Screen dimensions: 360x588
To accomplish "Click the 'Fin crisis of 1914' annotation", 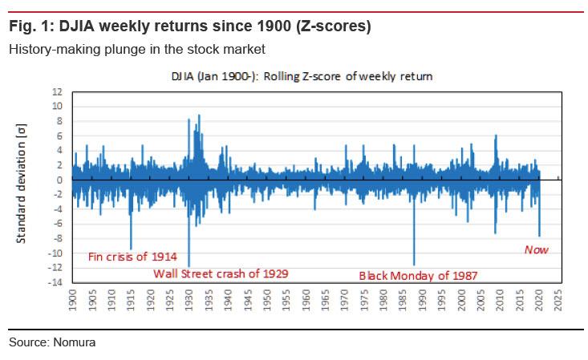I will pos(130,257).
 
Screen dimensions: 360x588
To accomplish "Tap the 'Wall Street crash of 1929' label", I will pos(221,273).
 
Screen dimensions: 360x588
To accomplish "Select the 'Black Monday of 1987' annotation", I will pos(418,275).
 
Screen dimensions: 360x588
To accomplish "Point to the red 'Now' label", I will pos(536,250).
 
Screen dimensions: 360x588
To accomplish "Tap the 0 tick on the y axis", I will pos(59,180).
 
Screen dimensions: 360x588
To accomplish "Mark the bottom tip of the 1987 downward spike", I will pos(414,265).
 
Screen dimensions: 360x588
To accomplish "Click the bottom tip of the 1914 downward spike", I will pos(131,249).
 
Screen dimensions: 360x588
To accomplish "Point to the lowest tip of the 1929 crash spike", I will pos(189,267).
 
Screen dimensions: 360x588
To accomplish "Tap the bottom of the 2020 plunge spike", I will pos(540,237).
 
